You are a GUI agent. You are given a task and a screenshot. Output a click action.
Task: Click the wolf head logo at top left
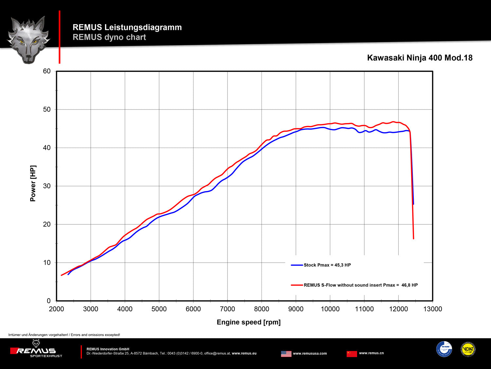tap(28, 39)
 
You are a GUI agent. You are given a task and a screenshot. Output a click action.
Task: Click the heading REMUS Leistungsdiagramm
tap(127, 27)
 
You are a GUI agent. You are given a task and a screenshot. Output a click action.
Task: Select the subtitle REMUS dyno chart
tap(109, 37)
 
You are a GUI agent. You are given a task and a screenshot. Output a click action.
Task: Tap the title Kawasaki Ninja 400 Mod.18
tap(420, 58)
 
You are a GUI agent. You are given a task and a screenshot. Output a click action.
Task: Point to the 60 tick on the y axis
tap(47, 71)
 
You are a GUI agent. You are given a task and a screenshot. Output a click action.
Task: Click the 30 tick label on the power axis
tap(47, 186)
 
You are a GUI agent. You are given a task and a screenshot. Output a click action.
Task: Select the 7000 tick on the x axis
tap(227, 309)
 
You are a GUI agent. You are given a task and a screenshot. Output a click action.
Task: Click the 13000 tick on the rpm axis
tap(432, 309)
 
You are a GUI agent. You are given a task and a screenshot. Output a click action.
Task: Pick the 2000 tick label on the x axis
tap(56, 309)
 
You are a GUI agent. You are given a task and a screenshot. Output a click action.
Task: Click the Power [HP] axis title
tap(33, 183)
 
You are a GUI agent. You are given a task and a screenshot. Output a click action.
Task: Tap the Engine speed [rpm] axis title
tap(248, 322)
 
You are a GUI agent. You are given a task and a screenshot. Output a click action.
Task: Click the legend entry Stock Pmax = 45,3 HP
tap(327, 265)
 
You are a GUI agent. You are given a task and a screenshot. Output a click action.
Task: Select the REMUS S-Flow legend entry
tap(360, 285)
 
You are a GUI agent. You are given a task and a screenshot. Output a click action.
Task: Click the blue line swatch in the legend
tap(297, 265)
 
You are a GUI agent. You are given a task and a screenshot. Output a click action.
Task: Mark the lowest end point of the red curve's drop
tap(413, 238)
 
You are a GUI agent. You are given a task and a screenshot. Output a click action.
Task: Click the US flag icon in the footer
tap(286, 354)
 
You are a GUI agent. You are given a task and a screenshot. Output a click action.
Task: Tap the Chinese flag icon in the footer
tap(352, 354)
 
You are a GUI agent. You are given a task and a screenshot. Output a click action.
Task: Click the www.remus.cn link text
tap(371, 353)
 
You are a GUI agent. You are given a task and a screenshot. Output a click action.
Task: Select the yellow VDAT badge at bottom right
tap(468, 349)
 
